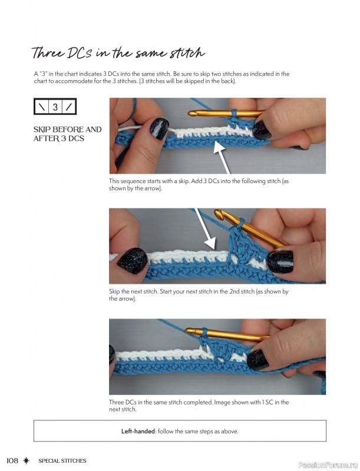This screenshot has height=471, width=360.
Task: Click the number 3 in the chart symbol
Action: pos(55,107)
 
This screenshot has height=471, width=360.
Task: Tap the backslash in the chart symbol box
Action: pos(41,107)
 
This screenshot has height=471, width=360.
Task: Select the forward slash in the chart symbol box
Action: pos(69,107)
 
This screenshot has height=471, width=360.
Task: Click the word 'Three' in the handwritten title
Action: pos(48,53)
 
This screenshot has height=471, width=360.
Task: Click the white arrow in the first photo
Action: pos(222,157)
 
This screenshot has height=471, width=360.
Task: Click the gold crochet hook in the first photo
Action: pos(226,113)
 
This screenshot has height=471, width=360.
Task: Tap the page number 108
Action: pos(12,460)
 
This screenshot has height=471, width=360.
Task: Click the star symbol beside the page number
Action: pos(27,460)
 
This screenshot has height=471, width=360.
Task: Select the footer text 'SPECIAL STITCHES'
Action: pos(62,461)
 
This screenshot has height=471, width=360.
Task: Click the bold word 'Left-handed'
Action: pos(138,432)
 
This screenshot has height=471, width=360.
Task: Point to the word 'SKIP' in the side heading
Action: pos(42,130)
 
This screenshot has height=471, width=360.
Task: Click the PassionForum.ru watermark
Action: pos(329,465)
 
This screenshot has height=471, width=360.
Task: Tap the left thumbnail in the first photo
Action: pos(159,128)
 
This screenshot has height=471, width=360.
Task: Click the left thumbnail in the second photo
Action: pos(133,260)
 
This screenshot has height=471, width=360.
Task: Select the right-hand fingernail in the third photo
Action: pos(257,359)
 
